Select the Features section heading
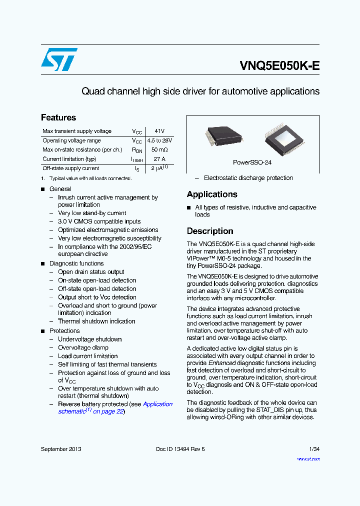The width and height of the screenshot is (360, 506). click(58, 117)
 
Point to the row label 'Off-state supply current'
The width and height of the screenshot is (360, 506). click(71, 168)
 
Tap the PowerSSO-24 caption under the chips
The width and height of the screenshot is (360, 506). click(252, 162)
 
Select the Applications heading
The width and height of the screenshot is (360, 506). click(212, 194)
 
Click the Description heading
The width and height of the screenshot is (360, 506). click(210, 231)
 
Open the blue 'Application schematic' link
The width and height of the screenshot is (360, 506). click(157, 404)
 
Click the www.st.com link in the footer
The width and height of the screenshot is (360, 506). click(308, 458)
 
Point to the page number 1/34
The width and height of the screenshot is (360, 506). click(314, 449)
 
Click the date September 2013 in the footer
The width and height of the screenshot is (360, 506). click(61, 449)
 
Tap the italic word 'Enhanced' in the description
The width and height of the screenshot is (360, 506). click(222, 363)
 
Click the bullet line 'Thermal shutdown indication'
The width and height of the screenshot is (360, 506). click(96, 321)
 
